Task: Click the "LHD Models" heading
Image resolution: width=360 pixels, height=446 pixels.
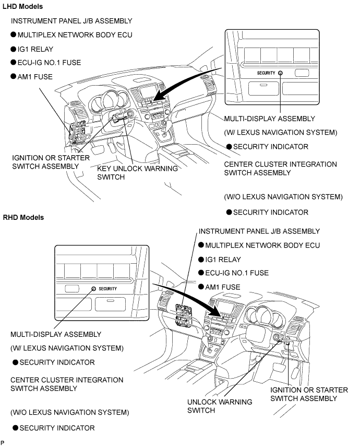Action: coord(23,7)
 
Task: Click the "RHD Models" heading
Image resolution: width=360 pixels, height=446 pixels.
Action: coord(23,217)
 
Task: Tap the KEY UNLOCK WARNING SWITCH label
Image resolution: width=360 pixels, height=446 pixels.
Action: coord(138,173)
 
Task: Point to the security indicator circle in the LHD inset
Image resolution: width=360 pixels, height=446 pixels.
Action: coord(281,73)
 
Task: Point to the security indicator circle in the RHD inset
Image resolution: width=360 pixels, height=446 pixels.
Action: coord(93,289)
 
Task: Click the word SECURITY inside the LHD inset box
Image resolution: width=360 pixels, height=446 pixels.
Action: coord(266,73)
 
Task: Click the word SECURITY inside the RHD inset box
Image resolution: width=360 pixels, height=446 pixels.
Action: coord(107,289)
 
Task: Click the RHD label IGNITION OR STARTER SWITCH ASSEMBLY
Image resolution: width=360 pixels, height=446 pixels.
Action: coord(304,394)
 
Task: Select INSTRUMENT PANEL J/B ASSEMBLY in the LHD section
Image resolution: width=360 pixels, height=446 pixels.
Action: coord(71,21)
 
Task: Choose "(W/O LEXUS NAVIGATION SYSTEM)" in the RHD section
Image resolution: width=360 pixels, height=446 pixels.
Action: coord(69,412)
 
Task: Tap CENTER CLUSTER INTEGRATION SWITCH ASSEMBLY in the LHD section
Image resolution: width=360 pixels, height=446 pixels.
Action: coord(280,169)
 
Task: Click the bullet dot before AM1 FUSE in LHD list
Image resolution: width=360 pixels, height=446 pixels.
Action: coord(14,76)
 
